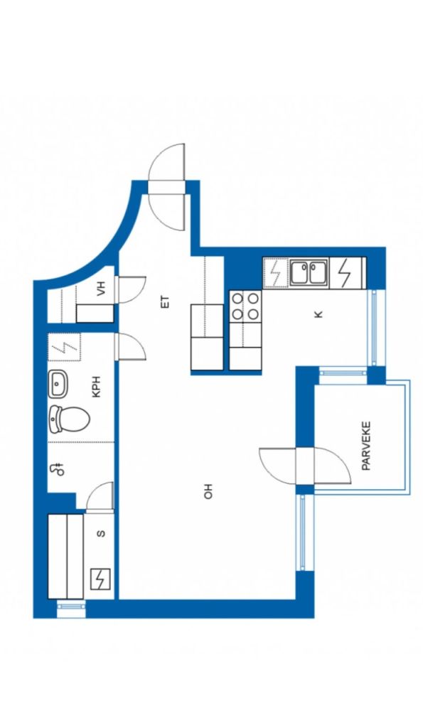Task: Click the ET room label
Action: coord(166,301)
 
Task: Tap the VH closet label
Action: coord(101,289)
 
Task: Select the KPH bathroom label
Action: coord(97,386)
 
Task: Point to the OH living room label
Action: coord(208,491)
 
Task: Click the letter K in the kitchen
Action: coord(318,314)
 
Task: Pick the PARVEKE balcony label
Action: coord(366,446)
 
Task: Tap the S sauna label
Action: coord(101,534)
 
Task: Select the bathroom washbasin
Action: coord(58,385)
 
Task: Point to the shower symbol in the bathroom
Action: coord(59,469)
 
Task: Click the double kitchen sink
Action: coord(309,272)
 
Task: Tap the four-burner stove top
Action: coord(245,306)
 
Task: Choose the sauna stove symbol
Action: coord(100,579)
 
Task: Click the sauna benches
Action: coord(66,556)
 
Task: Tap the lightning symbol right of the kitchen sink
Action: coord(344,272)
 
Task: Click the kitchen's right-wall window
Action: coord(376,328)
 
